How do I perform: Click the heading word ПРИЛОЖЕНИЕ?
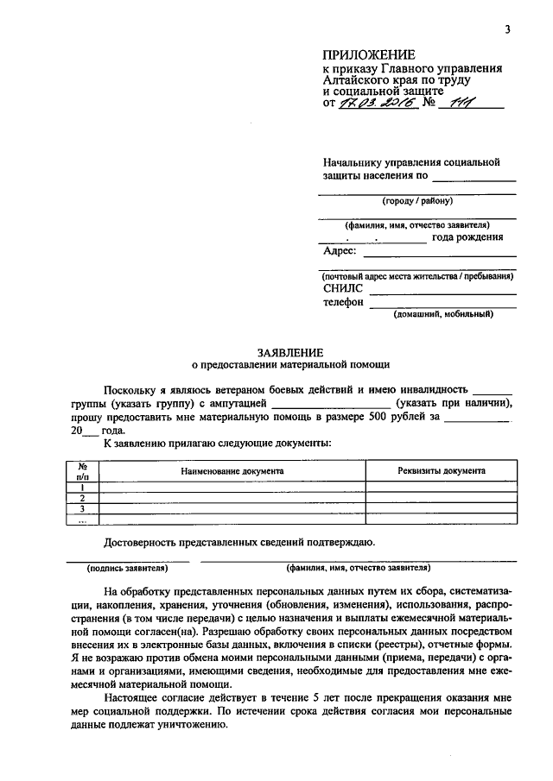(363, 55)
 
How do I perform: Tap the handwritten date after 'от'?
(378, 104)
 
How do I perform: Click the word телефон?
(343, 303)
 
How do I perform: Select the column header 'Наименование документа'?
(232, 471)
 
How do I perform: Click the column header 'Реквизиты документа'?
(441, 471)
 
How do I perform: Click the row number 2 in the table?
(82, 498)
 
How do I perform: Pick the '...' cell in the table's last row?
(82, 520)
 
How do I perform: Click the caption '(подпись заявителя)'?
(126, 570)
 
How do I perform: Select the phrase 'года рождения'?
(467, 237)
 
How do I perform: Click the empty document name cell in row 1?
(232, 487)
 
